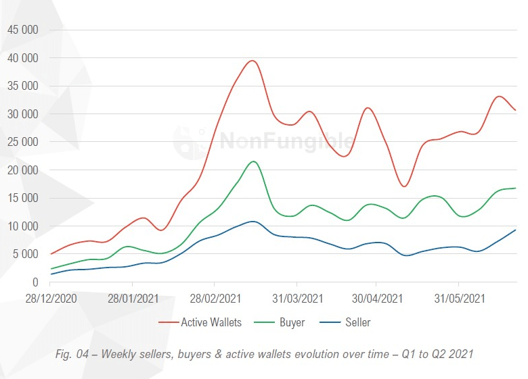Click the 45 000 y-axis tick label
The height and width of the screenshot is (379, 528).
point(22,30)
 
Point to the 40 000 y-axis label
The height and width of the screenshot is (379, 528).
point(22,58)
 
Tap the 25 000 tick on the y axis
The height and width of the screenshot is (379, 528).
point(22,142)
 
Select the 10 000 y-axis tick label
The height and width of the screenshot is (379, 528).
point(22,226)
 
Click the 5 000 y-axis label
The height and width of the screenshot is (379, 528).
point(25,254)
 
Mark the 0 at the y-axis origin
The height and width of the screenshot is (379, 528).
point(34,282)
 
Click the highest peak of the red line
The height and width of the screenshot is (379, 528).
point(252,61)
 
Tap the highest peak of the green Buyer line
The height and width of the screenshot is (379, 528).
point(253,161)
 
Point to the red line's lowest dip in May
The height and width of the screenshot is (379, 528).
point(404,186)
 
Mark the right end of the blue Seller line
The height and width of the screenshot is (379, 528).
point(516,230)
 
